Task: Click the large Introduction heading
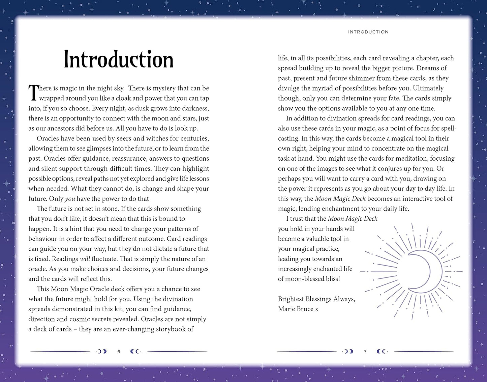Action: tap(119, 60)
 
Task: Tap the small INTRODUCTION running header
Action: tap(368, 32)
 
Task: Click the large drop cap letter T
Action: tap(33, 93)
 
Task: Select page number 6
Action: tap(119, 352)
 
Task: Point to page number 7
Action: tap(365, 352)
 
